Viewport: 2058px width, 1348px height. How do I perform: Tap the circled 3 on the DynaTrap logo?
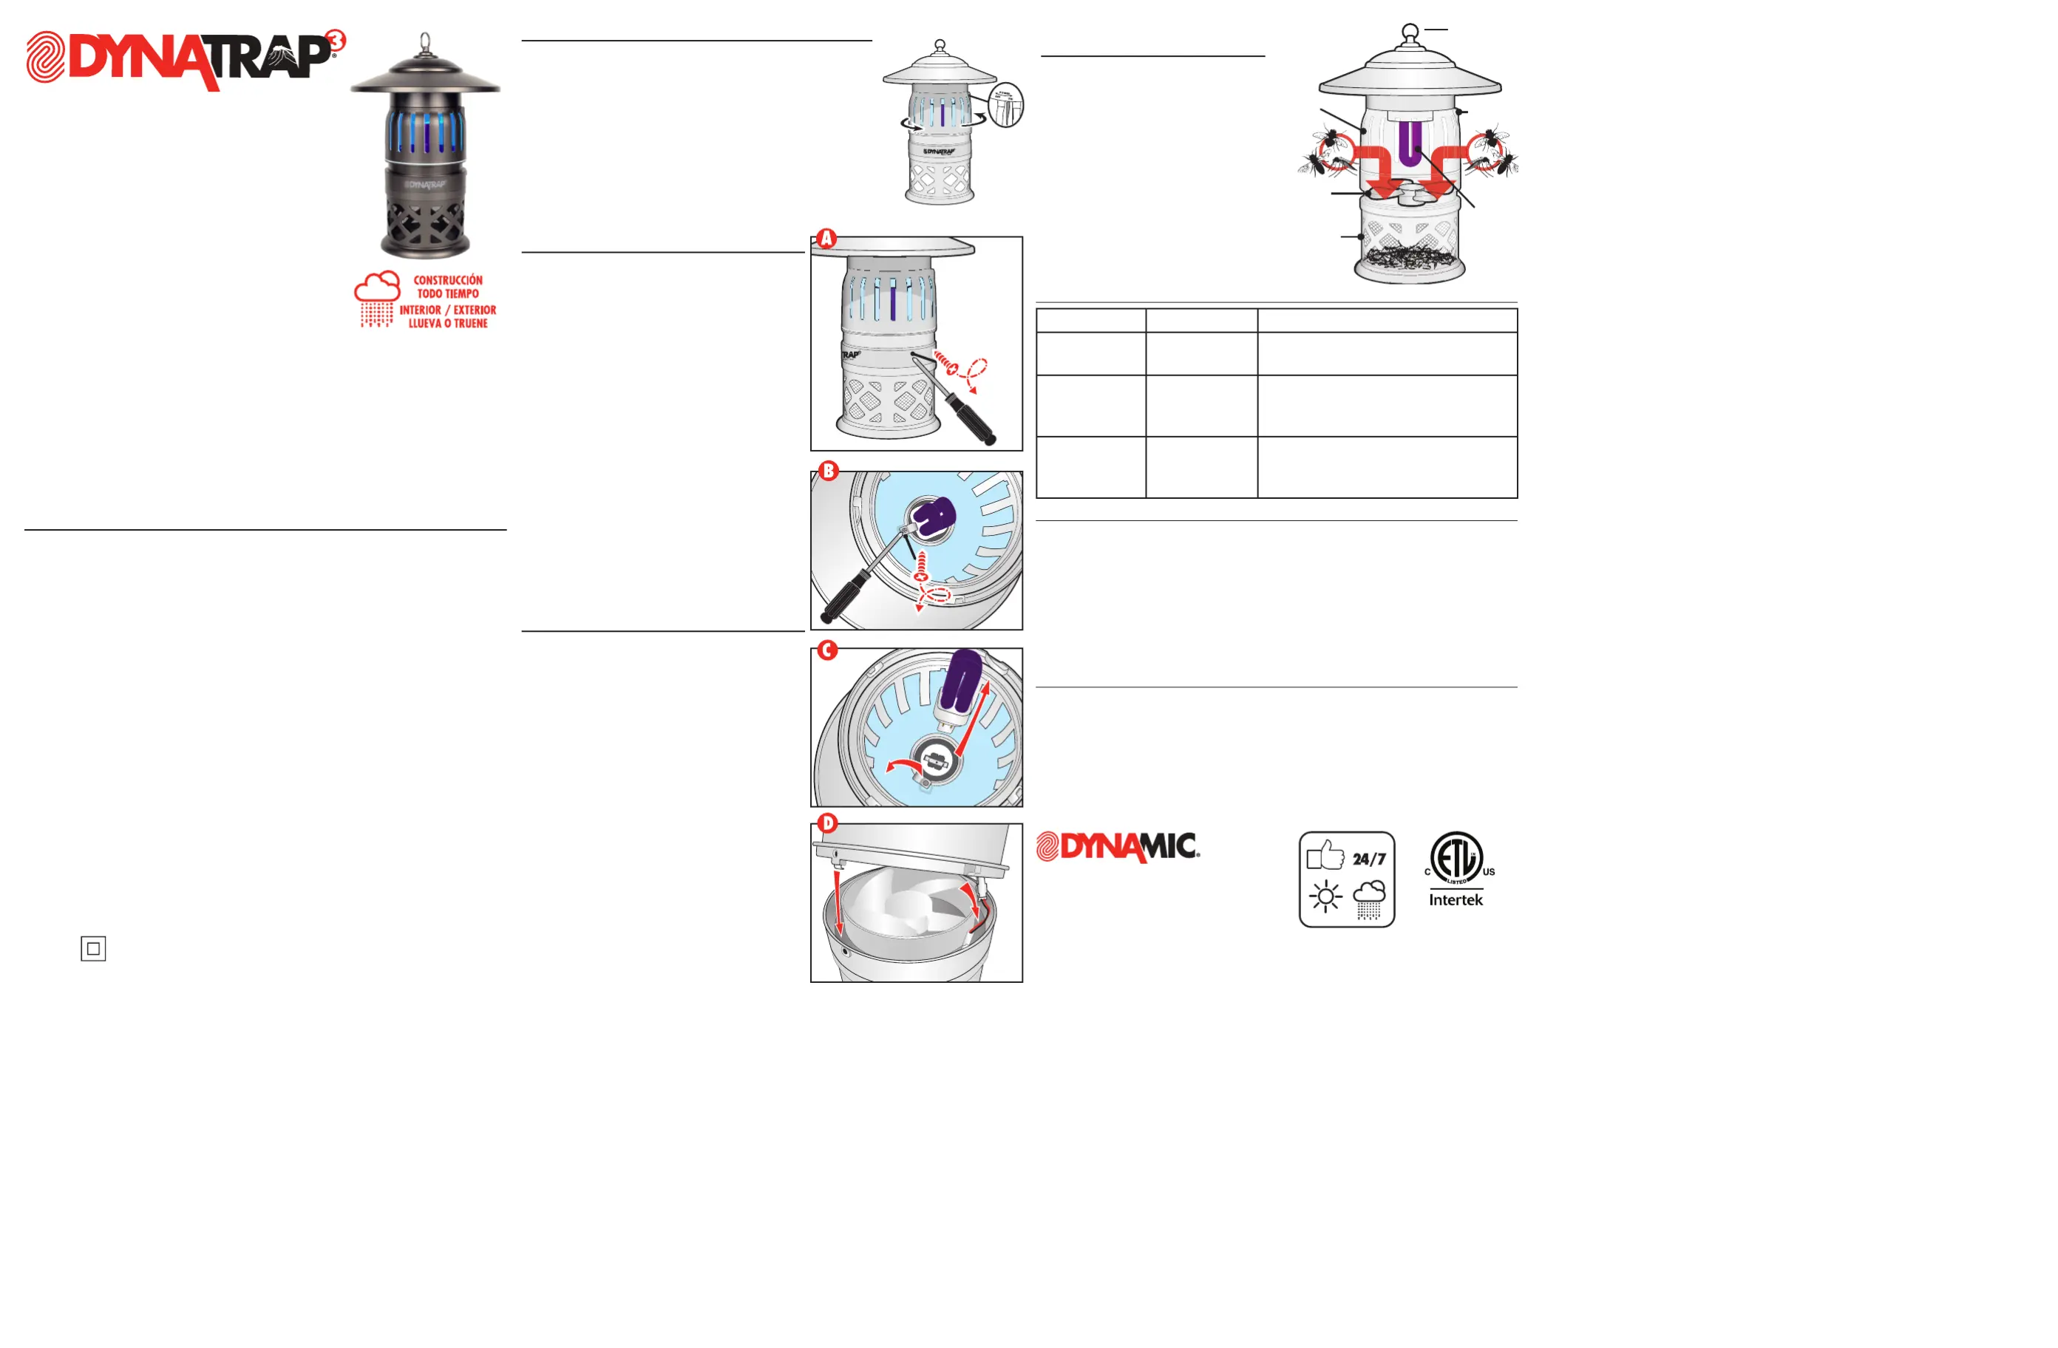[336, 40]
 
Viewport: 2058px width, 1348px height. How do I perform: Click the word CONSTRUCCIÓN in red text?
[448, 280]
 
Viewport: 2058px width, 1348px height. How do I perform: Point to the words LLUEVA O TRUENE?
[448, 324]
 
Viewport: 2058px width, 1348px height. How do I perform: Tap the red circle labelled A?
[826, 239]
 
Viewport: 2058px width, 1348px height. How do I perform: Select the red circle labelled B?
[829, 472]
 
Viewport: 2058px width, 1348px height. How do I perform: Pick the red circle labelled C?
[827, 650]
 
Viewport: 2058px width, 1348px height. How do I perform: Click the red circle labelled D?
[827, 823]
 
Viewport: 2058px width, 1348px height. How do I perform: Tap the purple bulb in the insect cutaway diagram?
[1410, 143]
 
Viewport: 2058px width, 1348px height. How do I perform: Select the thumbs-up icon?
[1325, 855]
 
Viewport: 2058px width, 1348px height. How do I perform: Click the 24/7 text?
[1369, 859]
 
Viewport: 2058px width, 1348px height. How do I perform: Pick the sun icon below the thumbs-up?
[1325, 896]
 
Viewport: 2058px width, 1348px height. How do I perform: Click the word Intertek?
[1456, 900]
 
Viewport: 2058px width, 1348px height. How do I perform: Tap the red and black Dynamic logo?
[1118, 846]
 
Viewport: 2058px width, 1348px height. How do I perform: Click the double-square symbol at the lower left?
[93, 948]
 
